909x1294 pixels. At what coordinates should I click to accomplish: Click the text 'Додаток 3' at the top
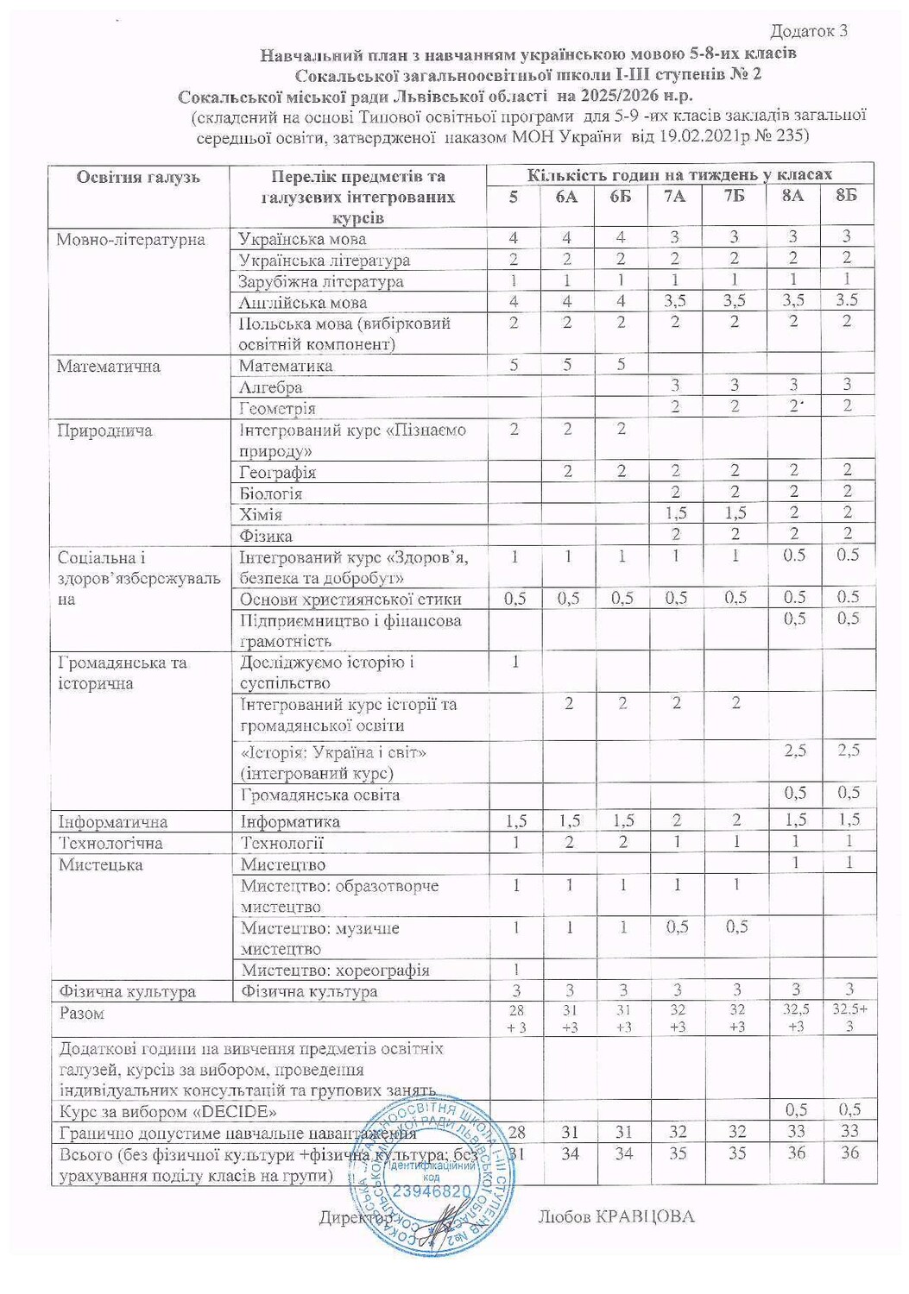(x=808, y=31)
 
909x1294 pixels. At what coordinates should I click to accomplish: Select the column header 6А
(x=567, y=197)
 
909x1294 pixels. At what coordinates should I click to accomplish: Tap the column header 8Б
(x=847, y=196)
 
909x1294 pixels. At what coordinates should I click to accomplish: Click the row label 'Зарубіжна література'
(x=320, y=281)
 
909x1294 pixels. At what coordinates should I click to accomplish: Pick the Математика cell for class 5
(x=514, y=365)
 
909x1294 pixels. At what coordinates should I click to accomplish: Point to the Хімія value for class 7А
(x=675, y=514)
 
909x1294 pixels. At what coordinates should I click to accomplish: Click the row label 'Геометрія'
(x=277, y=408)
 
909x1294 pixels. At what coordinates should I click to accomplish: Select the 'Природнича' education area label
(x=104, y=430)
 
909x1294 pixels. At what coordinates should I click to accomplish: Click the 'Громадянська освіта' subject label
(x=319, y=795)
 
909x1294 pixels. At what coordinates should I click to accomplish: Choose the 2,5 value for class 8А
(x=794, y=751)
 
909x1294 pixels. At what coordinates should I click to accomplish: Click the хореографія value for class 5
(x=514, y=969)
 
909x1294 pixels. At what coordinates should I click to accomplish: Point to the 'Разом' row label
(x=81, y=1014)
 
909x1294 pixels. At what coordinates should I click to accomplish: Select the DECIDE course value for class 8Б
(x=849, y=1110)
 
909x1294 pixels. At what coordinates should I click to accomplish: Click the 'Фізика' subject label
(x=266, y=536)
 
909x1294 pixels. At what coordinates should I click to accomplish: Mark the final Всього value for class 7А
(x=677, y=1153)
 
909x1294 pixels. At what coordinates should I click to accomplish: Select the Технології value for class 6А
(x=568, y=842)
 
